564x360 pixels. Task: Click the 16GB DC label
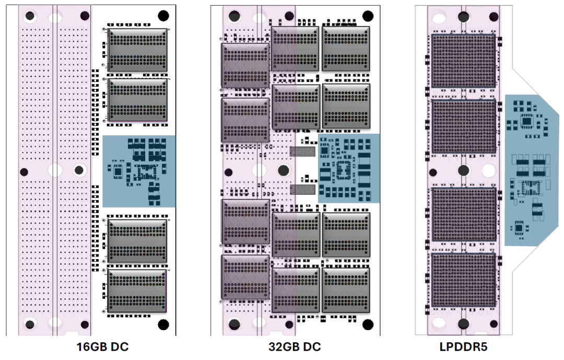[x=102, y=347]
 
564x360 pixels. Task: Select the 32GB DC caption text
[x=295, y=347]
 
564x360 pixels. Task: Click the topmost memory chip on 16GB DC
[x=137, y=50]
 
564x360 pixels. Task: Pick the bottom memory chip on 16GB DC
[x=137, y=291]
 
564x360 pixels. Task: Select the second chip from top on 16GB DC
[x=137, y=101]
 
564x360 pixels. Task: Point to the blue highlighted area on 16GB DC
[x=139, y=171]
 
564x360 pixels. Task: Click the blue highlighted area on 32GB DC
[x=349, y=168]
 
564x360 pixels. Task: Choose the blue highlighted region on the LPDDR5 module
[x=531, y=170]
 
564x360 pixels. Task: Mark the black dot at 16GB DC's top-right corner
[x=163, y=15]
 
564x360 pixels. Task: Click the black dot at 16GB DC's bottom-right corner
[x=163, y=324]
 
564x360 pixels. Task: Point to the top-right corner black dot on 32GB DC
[x=368, y=15]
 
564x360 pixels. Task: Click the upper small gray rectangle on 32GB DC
[x=302, y=152]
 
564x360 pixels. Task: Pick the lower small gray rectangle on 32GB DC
[x=302, y=189]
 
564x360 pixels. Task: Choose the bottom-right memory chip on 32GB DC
[x=346, y=291]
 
